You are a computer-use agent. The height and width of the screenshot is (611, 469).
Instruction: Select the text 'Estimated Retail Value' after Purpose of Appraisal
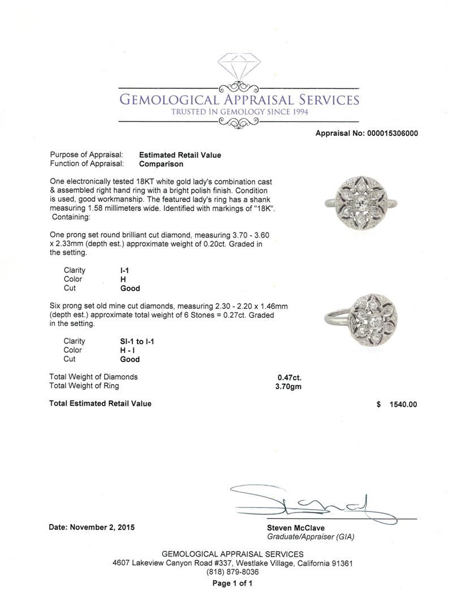tap(180, 155)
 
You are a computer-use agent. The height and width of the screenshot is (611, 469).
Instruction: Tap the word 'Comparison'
tap(161, 164)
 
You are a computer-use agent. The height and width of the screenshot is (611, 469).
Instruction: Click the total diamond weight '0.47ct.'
tap(289, 377)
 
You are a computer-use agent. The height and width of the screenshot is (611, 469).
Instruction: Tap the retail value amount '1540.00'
tap(403, 405)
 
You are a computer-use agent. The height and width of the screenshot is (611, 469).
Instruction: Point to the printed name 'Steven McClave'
tap(296, 528)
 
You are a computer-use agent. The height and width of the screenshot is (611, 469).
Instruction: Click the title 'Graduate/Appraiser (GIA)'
tap(311, 537)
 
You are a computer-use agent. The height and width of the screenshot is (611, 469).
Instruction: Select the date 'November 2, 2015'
tap(102, 527)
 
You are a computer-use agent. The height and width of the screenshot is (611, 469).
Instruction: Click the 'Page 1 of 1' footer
tap(233, 584)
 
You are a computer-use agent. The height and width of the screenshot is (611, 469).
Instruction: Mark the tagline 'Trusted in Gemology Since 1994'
tap(239, 112)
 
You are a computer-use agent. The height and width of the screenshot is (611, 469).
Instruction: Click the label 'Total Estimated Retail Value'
tap(100, 403)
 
